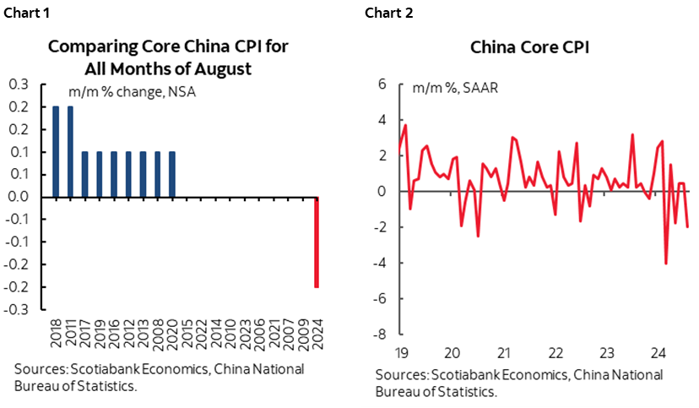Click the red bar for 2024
click(317, 242)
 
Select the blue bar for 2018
click(56, 152)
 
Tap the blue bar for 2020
click(172, 175)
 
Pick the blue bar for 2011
click(70, 152)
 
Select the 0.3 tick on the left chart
click(19, 84)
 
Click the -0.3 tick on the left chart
click(17, 309)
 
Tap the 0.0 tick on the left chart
click(19, 197)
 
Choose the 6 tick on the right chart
click(381, 84)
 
